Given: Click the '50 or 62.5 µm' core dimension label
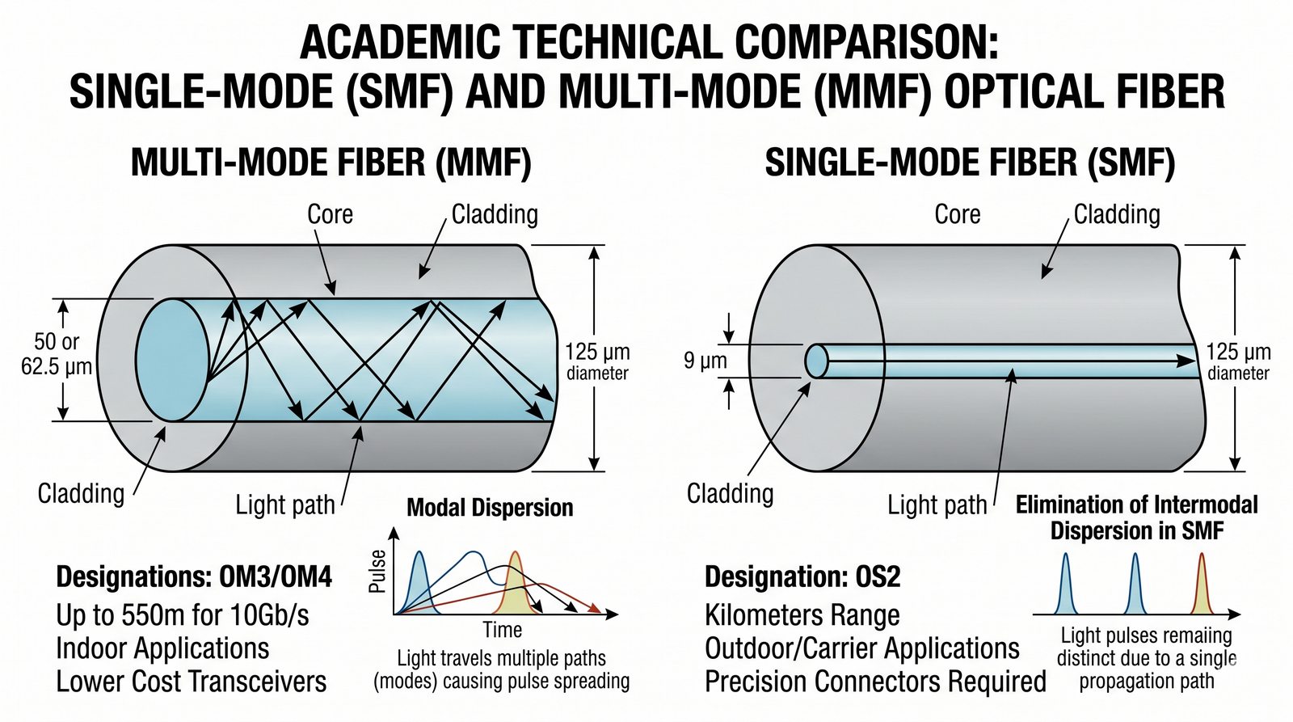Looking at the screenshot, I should click(x=57, y=354).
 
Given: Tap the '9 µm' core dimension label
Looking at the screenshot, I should click(x=705, y=361).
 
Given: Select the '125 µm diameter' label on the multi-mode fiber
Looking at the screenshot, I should click(x=597, y=361).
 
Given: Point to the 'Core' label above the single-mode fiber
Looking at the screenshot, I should click(x=957, y=214).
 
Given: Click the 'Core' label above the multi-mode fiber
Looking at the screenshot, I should click(x=330, y=214).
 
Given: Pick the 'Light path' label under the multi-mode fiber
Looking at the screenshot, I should click(x=284, y=505).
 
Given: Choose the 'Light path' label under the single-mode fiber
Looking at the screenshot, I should click(x=937, y=505).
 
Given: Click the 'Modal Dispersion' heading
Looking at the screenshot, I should click(x=490, y=508).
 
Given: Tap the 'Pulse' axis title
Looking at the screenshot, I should click(x=377, y=572).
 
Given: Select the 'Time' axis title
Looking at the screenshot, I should click(x=502, y=629).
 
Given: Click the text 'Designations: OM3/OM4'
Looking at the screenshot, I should click(x=194, y=577).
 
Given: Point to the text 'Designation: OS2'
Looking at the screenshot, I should click(x=802, y=577).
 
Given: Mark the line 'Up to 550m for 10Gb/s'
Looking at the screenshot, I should click(x=183, y=615).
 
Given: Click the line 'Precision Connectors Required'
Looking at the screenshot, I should click(x=875, y=682).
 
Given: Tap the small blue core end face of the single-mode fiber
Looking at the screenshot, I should click(x=816, y=361).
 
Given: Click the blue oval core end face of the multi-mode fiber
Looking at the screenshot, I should click(x=172, y=360).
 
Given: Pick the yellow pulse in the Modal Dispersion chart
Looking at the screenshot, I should click(x=515, y=586).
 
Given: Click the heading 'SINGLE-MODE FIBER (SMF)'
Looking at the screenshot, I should click(x=969, y=163).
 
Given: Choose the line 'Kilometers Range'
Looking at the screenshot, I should click(x=802, y=615).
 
